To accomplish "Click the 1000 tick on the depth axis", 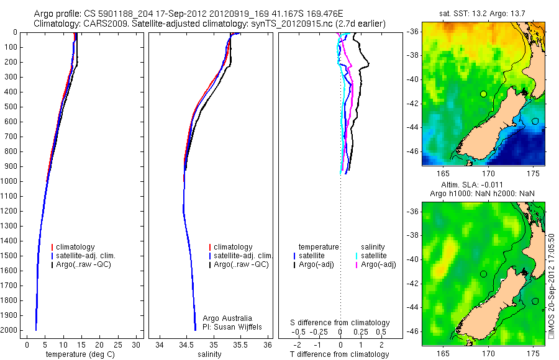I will click(x=11, y=181).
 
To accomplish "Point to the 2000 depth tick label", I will click(x=11, y=330).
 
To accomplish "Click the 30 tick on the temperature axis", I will click(x=135, y=344).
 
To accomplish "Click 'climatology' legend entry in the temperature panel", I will click(x=77, y=247).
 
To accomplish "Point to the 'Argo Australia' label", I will click(x=228, y=318).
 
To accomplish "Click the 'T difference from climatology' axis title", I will click(x=339, y=354).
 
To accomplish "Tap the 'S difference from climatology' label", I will click(x=340, y=323).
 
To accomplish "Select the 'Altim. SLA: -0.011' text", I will click(x=483, y=185).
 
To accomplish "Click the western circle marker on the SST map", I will click(x=483, y=94).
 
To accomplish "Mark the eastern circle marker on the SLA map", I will click(x=535, y=301).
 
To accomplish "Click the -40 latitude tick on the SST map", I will click(x=411, y=79).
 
